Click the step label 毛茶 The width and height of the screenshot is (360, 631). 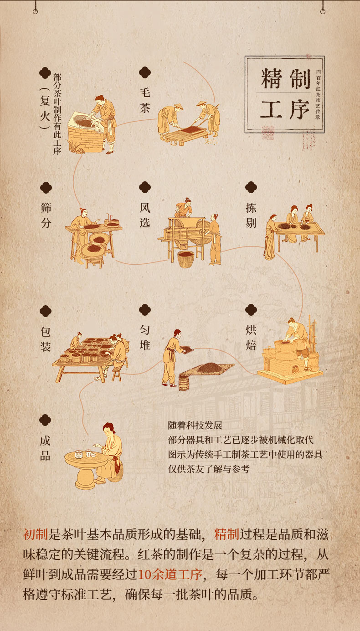pyautogui.click(x=145, y=100)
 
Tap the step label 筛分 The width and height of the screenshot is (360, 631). pyautogui.click(x=46, y=215)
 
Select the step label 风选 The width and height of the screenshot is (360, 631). pyautogui.click(x=145, y=215)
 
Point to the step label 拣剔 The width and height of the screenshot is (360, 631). pyautogui.click(x=251, y=215)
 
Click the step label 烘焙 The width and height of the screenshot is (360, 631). pyautogui.click(x=251, y=337)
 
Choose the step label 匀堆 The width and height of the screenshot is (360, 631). pyautogui.click(x=145, y=337)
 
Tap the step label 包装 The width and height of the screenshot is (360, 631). pyautogui.click(x=46, y=339)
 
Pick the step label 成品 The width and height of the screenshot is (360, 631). pyautogui.click(x=45, y=448)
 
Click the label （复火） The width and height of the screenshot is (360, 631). pyautogui.click(x=45, y=108)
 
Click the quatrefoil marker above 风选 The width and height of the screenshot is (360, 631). pyautogui.click(x=145, y=187)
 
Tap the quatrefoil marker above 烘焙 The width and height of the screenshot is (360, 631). pyautogui.click(x=251, y=310)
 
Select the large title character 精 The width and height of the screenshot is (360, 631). pyautogui.click(x=271, y=79)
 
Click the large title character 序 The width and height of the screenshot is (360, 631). pyautogui.click(x=299, y=109)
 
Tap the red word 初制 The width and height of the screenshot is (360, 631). pyautogui.click(x=35, y=534)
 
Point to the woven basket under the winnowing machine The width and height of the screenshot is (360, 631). pyautogui.click(x=186, y=259)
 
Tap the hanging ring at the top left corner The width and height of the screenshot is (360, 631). pyautogui.click(x=35, y=11)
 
